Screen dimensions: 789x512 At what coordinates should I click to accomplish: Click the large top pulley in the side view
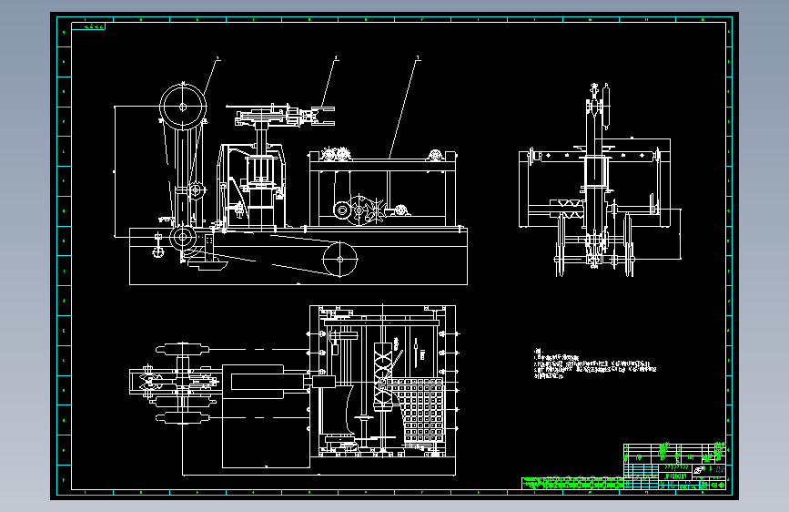coord(184,106)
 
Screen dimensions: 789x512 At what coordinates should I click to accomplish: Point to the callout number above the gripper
coord(336,58)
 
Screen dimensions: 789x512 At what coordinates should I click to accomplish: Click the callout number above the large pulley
coord(217,58)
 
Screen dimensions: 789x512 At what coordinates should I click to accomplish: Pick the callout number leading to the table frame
coord(417,58)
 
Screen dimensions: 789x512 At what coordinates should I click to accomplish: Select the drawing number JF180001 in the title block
coord(676,475)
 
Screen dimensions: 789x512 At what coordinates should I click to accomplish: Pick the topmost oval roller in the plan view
coord(184,348)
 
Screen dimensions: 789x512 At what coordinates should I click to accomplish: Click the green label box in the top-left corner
coord(95,26)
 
